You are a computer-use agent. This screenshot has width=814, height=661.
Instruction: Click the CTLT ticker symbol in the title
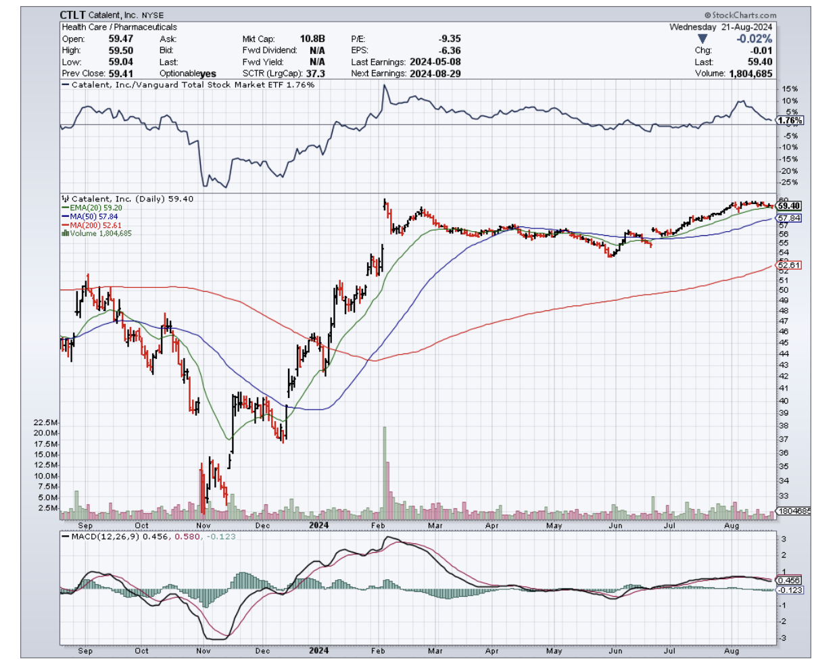pyautogui.click(x=72, y=14)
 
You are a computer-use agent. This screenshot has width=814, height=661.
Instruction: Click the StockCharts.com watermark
pyautogui.click(x=740, y=14)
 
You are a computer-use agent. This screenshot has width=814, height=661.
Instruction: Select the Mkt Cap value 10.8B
pyautogui.click(x=313, y=39)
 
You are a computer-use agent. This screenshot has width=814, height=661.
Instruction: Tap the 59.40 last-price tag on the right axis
pyautogui.click(x=789, y=205)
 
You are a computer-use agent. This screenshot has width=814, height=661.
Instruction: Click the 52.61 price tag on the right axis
pyautogui.click(x=789, y=265)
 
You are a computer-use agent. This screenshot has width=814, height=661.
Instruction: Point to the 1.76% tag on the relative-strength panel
pyautogui.click(x=789, y=120)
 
